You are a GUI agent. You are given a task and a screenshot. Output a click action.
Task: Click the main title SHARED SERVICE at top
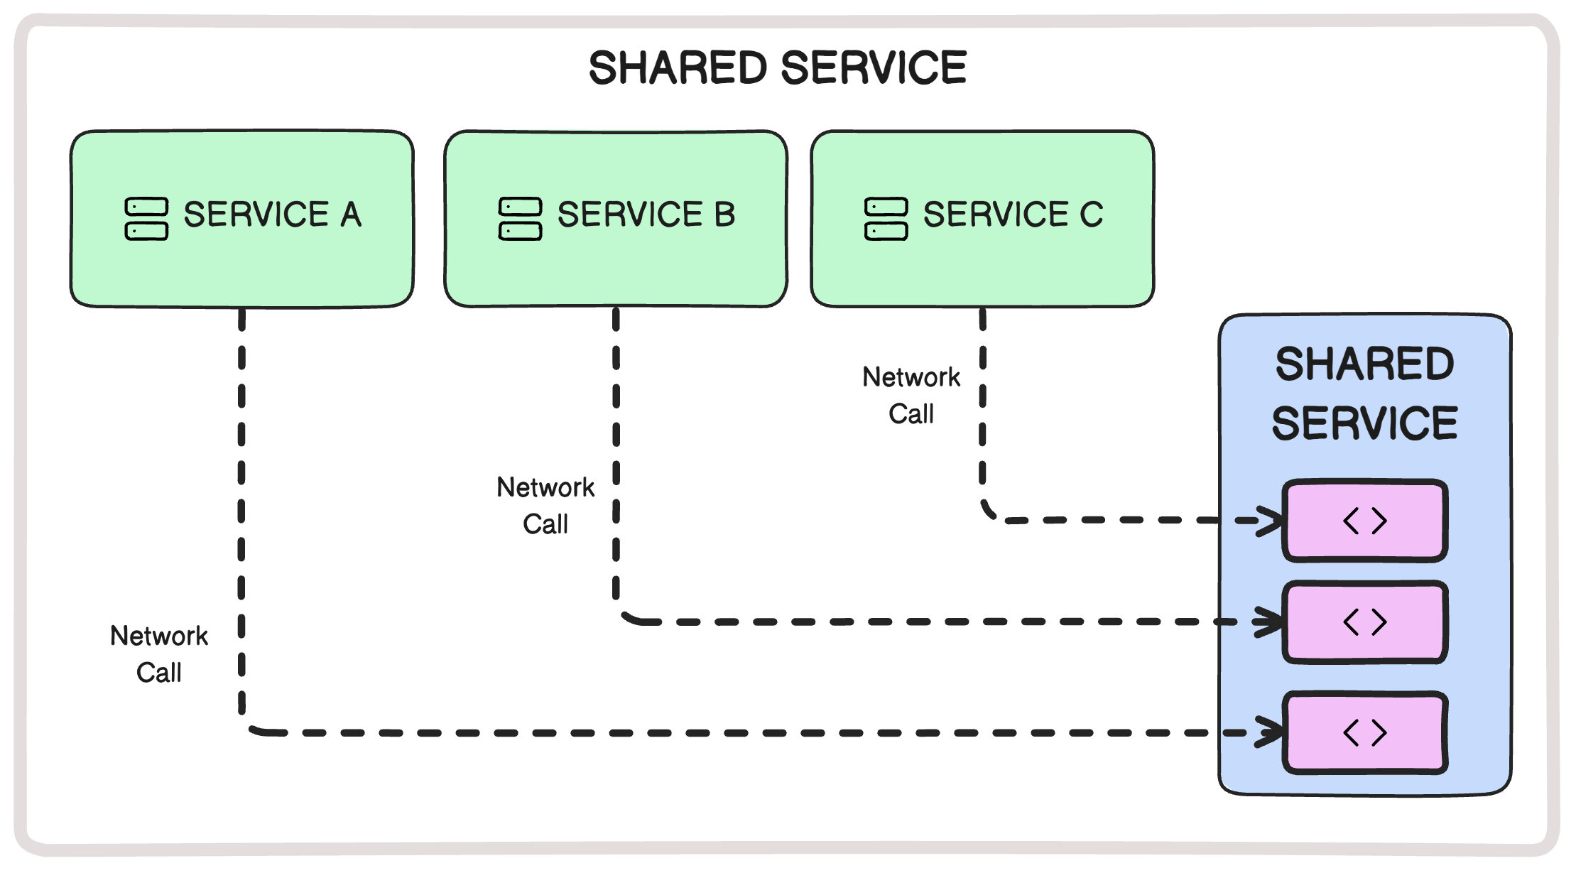tap(777, 68)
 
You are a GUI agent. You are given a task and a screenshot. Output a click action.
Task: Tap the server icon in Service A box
tap(146, 219)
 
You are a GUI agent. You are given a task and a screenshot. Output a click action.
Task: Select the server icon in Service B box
tap(520, 219)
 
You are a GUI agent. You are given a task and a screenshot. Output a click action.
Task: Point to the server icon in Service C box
tap(886, 219)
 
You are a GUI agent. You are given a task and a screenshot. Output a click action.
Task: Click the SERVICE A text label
tap(273, 215)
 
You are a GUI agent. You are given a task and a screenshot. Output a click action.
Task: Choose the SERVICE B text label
tap(646, 215)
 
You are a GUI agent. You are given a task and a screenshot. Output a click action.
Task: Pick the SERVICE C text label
tap(1013, 215)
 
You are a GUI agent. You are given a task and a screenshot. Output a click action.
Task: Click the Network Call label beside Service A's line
tap(159, 654)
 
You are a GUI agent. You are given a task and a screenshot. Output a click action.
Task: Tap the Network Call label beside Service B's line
tap(545, 505)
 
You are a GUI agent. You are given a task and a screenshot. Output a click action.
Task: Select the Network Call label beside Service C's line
tap(911, 395)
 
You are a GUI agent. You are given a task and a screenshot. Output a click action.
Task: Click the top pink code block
tap(1364, 521)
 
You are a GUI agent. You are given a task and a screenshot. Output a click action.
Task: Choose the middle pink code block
tap(1364, 622)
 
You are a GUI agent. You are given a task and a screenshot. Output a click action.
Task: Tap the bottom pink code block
tap(1364, 732)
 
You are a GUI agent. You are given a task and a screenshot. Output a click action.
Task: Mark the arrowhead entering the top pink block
tap(1269, 521)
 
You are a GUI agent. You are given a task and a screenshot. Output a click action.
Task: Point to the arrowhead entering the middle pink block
tap(1269, 622)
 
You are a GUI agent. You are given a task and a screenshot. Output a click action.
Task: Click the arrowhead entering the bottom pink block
tap(1269, 732)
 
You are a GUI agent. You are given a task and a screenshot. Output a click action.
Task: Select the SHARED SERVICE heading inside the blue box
tap(1364, 394)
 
